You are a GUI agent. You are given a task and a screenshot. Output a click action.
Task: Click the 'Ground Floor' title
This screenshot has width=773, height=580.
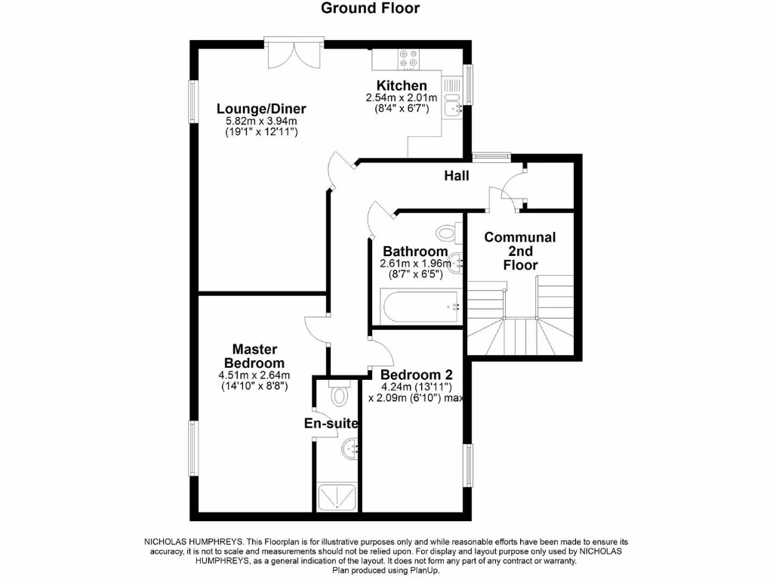click(x=371, y=8)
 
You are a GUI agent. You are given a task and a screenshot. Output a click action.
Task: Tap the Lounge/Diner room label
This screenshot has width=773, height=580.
click(x=261, y=108)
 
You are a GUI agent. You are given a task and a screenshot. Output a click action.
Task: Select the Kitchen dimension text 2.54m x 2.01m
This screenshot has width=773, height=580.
click(x=402, y=98)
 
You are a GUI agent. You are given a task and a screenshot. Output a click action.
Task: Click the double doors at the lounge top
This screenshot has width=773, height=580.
click(x=294, y=54)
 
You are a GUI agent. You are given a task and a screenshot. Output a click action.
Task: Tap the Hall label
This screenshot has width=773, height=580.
click(x=456, y=176)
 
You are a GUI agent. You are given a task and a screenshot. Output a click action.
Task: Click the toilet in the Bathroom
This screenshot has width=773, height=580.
click(x=448, y=230)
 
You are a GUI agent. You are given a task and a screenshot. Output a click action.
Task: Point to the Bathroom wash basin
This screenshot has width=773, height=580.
click(x=456, y=263)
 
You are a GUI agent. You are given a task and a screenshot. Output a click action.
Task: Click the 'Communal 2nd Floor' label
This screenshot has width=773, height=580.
click(x=519, y=251)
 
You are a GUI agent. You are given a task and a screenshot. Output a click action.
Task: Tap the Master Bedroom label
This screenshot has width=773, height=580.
click(x=254, y=356)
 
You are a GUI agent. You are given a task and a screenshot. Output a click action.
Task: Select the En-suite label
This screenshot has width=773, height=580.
click(x=331, y=424)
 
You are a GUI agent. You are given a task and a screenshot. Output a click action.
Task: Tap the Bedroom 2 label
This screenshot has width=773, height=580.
click(x=416, y=375)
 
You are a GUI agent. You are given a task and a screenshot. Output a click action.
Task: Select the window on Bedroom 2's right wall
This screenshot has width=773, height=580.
click(x=468, y=464)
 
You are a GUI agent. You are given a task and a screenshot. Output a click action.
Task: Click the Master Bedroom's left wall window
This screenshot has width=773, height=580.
click(x=193, y=449)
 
